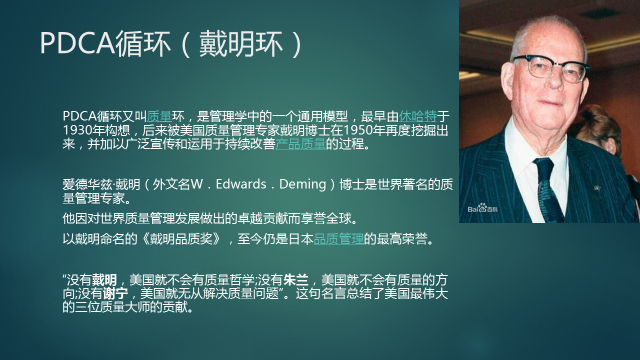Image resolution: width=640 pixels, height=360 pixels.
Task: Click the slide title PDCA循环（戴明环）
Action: click(x=171, y=44)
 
